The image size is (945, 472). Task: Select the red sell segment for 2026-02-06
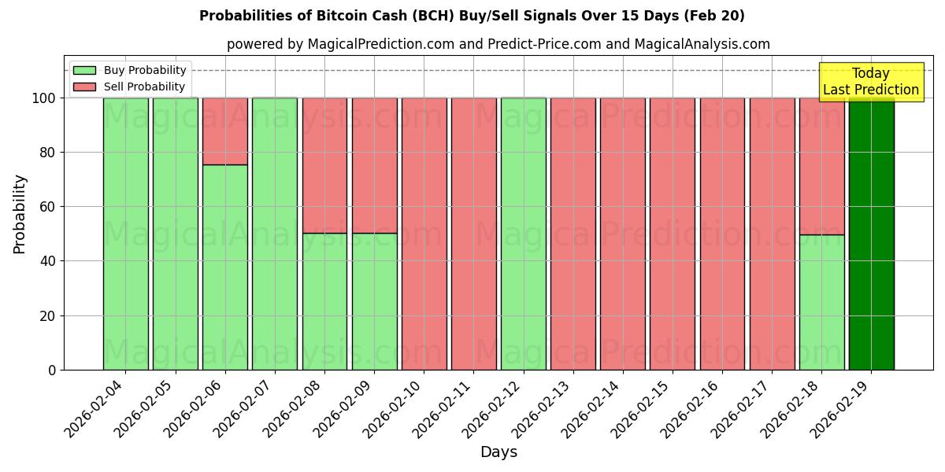[225, 131]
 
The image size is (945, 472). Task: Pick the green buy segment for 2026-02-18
[821, 302]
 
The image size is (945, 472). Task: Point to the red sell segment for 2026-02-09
[374, 165]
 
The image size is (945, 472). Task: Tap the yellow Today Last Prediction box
[870, 82]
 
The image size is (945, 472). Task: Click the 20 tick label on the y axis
[49, 316]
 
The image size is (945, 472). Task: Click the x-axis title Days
[498, 452]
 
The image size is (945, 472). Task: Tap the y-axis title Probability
[20, 213]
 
